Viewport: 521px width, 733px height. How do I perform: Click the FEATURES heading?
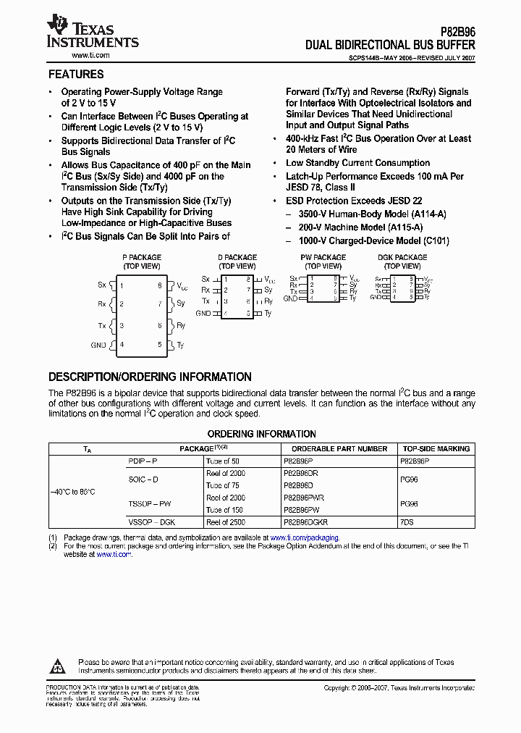tap(76, 75)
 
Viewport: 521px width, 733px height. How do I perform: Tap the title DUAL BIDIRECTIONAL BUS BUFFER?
tap(390, 45)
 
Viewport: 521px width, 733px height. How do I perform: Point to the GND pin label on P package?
tap(98, 345)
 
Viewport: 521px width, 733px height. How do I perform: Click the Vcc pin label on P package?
tap(182, 285)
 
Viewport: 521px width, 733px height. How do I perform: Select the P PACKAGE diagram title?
tap(141, 258)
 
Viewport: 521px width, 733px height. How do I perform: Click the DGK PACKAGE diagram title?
tap(402, 258)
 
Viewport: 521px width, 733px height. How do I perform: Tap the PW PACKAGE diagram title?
tap(323, 258)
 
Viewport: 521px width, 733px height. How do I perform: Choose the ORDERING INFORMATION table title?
tap(262, 435)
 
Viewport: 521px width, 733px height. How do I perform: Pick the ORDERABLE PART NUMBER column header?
tap(339, 449)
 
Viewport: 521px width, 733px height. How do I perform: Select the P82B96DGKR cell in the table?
tap(305, 522)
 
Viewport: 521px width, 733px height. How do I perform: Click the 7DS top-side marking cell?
tap(407, 522)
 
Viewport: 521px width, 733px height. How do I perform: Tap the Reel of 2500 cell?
tap(226, 522)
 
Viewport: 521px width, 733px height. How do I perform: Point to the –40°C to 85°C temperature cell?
tap(72, 492)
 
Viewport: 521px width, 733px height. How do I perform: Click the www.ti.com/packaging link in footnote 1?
tap(304, 537)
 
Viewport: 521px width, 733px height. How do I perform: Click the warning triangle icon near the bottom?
tap(59, 666)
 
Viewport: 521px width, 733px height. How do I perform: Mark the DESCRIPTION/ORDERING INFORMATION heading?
tap(150, 377)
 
